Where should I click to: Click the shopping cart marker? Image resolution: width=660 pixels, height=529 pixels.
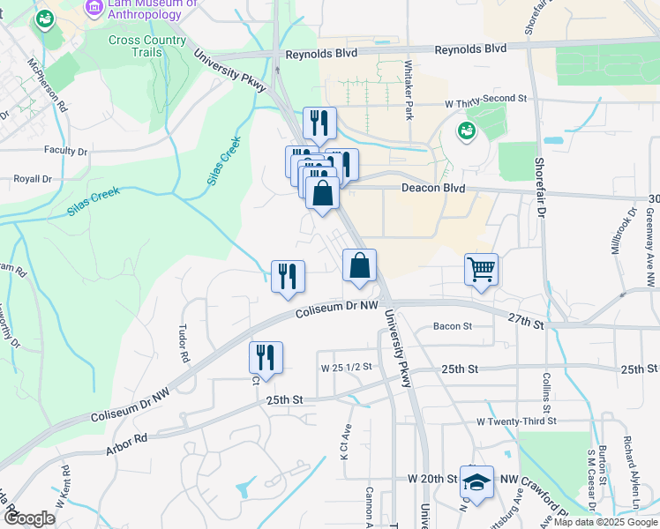pyautogui.click(x=481, y=269)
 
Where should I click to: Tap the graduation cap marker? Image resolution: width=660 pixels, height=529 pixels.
pyautogui.click(x=476, y=482)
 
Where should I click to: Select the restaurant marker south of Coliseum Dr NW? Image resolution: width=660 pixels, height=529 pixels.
pyautogui.click(x=266, y=357)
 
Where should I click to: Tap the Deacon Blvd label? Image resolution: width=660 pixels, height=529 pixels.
pyautogui.click(x=432, y=188)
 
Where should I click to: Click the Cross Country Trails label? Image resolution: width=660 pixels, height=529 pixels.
pyautogui.click(x=146, y=46)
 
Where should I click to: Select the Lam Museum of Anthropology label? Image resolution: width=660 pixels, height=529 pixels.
pyautogui.click(x=151, y=8)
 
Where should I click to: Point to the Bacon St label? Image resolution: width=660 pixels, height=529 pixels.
pyautogui.click(x=453, y=326)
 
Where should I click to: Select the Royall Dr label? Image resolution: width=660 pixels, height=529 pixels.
pyautogui.click(x=33, y=178)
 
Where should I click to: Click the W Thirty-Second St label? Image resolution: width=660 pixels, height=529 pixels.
pyautogui.click(x=485, y=102)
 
